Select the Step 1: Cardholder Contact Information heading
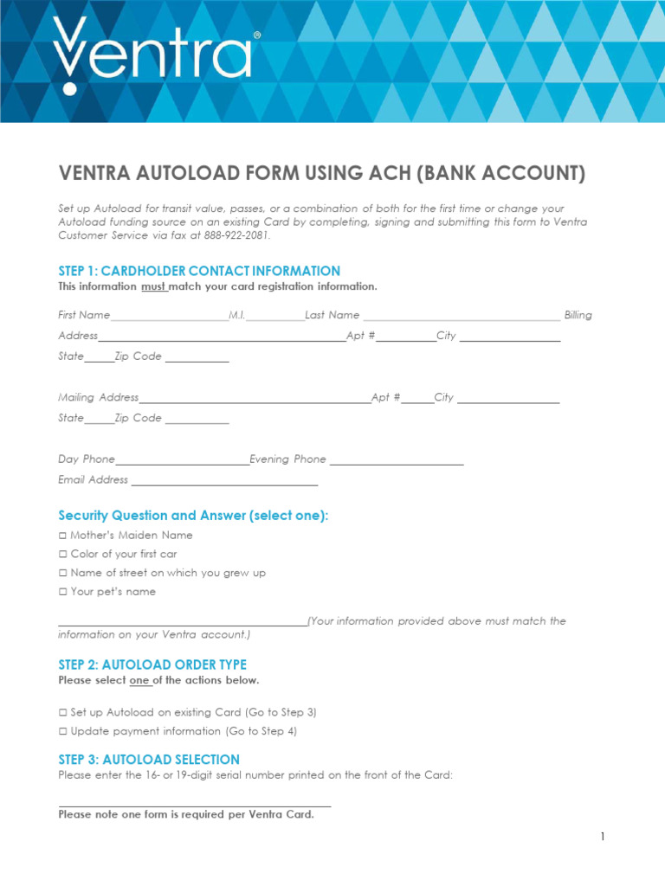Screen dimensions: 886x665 (199, 271)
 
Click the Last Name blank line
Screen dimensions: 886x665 (461, 317)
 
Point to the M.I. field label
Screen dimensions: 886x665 (236, 315)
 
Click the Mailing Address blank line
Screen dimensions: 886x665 (255, 400)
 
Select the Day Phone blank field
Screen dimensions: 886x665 (182, 461)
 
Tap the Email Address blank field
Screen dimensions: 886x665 (224, 482)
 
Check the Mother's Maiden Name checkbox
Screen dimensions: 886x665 (62, 536)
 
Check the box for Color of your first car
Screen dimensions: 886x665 (62, 555)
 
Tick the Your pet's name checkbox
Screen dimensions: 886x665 (62, 593)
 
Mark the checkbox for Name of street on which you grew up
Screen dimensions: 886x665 (62, 574)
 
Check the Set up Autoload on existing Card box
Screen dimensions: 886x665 (62, 713)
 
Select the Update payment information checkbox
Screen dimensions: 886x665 (62, 732)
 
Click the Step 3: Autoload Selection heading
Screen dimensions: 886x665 (149, 760)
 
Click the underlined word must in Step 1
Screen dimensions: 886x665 (154, 286)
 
